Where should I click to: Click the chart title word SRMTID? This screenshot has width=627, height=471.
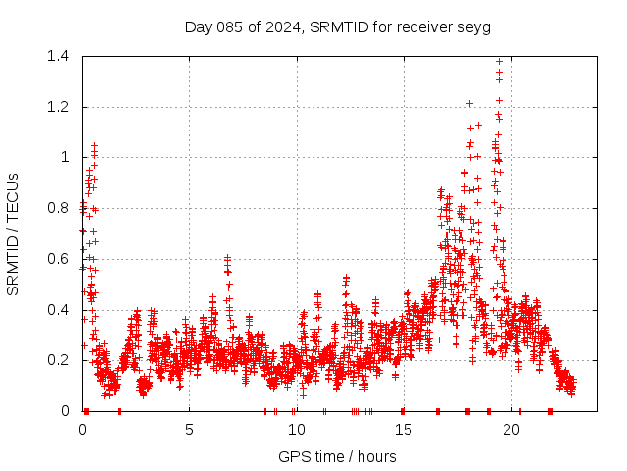[x=338, y=26]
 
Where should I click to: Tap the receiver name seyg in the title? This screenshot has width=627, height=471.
[x=474, y=26]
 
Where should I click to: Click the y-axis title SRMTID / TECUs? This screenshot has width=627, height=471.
[x=14, y=234]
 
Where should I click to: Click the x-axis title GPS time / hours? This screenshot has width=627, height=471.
[x=337, y=456]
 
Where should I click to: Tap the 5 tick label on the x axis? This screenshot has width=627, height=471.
[x=189, y=430]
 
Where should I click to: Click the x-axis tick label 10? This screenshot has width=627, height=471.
[x=296, y=430]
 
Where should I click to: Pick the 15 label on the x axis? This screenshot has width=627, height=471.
[x=403, y=430]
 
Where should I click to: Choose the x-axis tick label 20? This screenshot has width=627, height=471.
[x=509, y=430]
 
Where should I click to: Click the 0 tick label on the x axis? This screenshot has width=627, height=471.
[x=82, y=430]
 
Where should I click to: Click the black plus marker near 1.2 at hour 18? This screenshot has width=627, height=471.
[x=469, y=103]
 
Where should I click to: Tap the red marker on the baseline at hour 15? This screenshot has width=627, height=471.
[x=403, y=411]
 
